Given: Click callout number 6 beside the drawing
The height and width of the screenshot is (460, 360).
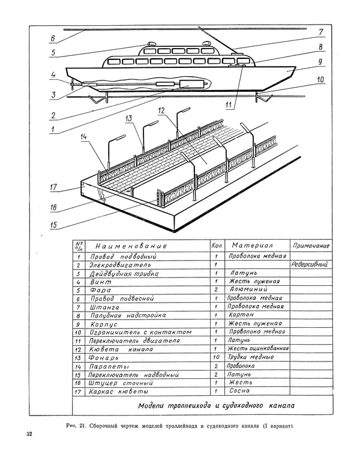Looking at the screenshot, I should (x=52, y=38).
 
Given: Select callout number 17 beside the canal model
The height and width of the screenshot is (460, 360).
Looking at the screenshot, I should (x=53, y=187).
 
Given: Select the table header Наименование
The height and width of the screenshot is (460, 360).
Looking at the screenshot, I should (x=130, y=246).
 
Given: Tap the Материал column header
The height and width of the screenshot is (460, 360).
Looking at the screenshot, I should (x=253, y=246).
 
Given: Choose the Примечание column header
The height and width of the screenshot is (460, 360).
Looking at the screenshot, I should (x=311, y=246).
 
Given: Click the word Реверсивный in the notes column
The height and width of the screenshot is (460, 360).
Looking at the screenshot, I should (x=310, y=264).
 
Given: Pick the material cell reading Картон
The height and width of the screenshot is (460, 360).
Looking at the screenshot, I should (x=242, y=314).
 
